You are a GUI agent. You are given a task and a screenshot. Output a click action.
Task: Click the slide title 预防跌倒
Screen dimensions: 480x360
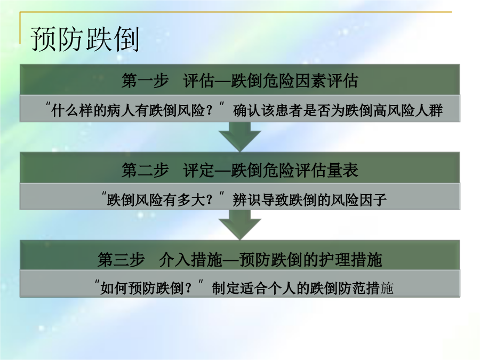click(x=85, y=39)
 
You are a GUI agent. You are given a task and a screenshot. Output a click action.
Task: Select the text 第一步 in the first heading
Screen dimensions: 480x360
click(x=145, y=81)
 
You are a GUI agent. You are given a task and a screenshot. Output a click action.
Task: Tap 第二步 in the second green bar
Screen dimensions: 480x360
click(x=145, y=170)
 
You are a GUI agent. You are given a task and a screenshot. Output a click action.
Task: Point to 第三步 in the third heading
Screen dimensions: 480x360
click(x=121, y=260)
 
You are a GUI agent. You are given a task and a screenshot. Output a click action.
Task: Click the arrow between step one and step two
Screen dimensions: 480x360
click(x=240, y=137)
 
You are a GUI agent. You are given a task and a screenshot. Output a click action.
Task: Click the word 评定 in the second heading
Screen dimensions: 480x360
click(x=198, y=170)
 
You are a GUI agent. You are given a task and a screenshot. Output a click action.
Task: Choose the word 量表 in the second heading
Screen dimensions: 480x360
click(x=342, y=170)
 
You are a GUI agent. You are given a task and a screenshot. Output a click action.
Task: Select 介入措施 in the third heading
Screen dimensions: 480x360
click(x=190, y=260)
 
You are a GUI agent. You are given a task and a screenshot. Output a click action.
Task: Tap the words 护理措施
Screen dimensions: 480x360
click(x=350, y=260)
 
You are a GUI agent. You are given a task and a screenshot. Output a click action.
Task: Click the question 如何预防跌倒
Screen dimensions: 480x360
click(x=142, y=288)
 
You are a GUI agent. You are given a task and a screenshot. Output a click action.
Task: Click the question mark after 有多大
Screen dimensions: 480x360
click(x=209, y=201)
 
